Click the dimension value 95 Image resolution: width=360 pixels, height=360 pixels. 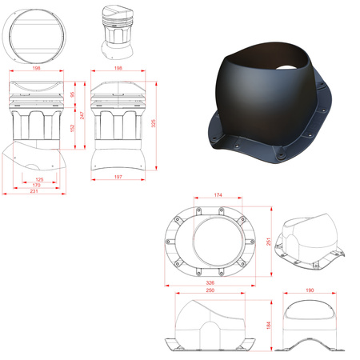pos(72,95)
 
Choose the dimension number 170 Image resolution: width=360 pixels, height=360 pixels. pos(36,186)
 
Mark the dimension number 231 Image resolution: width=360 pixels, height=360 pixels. pos(33,193)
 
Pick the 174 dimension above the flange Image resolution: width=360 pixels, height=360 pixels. pos(218,195)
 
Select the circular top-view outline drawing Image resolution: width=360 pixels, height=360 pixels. pos(35,37)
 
